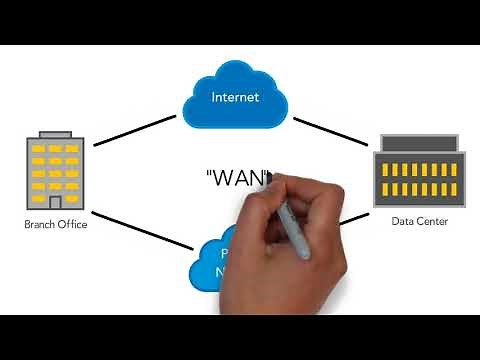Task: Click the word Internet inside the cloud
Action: [235, 97]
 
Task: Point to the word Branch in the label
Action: [40, 225]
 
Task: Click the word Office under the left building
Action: [72, 225]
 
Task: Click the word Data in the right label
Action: [402, 222]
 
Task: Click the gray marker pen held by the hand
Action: [297, 225]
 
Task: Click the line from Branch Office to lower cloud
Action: [140, 228]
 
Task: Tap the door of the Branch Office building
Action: [55, 202]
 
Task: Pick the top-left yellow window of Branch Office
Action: [39, 149]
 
